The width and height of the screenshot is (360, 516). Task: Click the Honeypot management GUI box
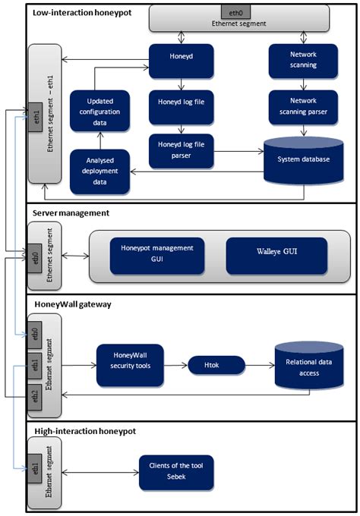click(x=157, y=253)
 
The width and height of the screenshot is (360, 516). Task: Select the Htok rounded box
click(x=216, y=366)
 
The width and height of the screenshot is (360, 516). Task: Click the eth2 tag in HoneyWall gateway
click(x=35, y=395)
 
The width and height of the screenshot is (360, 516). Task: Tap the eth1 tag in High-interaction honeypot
click(x=35, y=468)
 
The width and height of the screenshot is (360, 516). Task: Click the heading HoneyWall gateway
click(x=73, y=304)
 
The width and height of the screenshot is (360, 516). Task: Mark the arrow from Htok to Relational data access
click(x=260, y=366)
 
